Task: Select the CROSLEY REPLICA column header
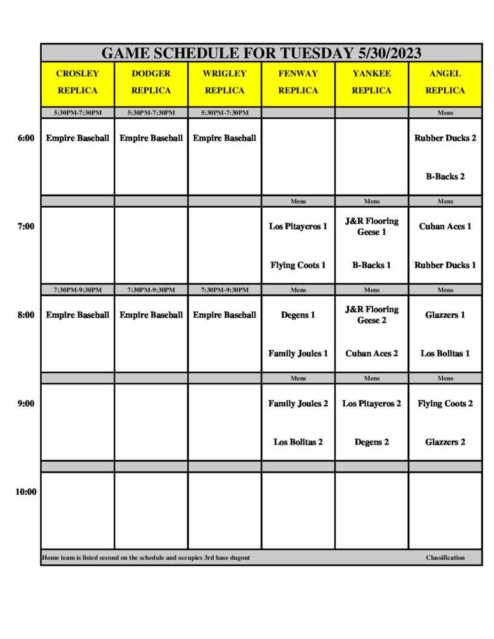click(77, 82)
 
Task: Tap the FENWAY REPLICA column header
click(298, 82)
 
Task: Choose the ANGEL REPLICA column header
click(445, 82)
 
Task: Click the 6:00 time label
click(26, 138)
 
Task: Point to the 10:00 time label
click(26, 492)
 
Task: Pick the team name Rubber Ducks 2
click(445, 138)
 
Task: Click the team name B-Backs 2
click(445, 177)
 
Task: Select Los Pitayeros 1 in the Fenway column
click(298, 227)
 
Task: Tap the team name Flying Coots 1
click(298, 265)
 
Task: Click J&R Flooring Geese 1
click(372, 227)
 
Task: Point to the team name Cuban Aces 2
click(372, 353)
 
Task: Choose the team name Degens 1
click(298, 315)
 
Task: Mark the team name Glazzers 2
click(445, 442)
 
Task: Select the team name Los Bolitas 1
click(445, 353)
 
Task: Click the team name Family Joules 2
click(298, 404)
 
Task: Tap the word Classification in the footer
click(445, 557)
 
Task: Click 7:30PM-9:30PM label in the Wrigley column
click(224, 290)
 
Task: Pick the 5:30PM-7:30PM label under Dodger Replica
click(151, 113)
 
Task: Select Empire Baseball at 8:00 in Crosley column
click(77, 315)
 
